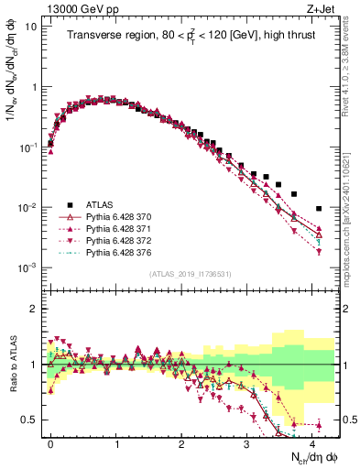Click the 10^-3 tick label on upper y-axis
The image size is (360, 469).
point(27,267)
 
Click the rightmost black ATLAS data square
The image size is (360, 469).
point(319,208)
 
